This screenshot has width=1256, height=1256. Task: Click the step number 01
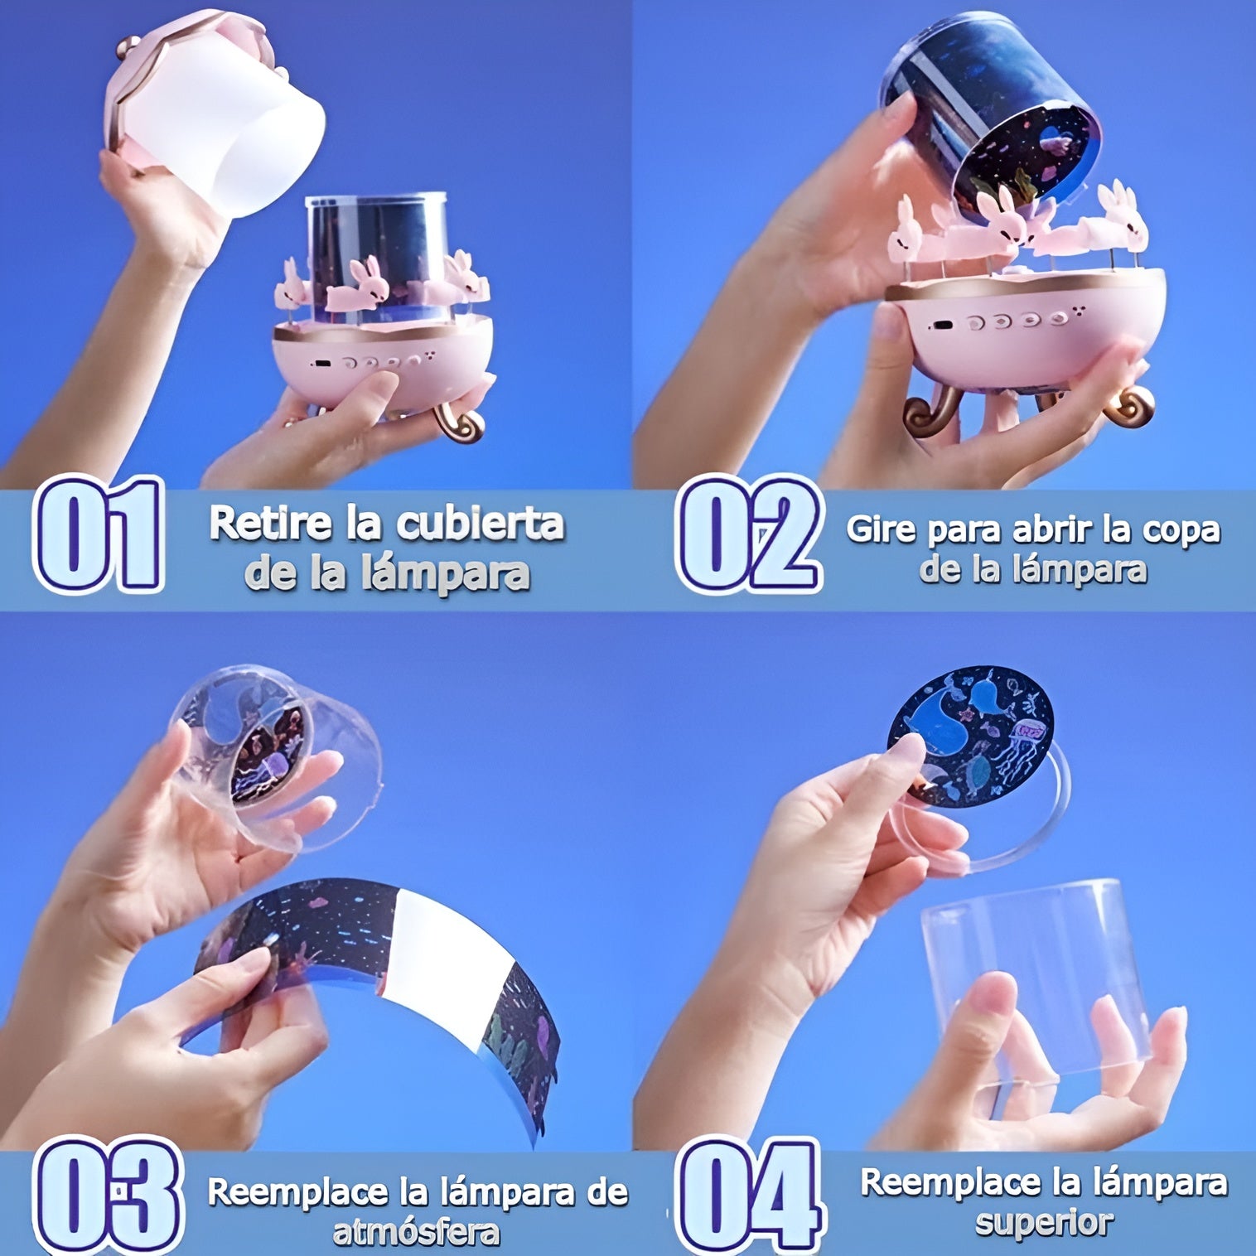point(98,534)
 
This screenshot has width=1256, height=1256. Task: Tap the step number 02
point(749,534)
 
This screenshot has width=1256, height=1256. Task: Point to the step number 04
point(751,1196)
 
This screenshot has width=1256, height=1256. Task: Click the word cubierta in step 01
point(481,524)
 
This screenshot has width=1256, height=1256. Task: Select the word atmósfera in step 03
point(416,1233)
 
